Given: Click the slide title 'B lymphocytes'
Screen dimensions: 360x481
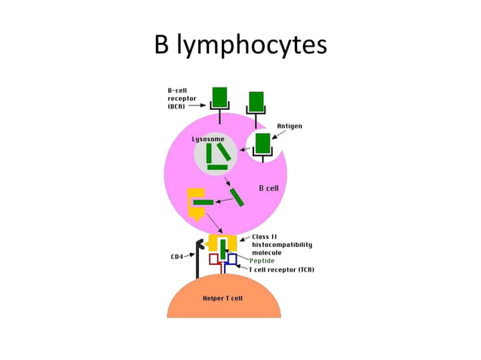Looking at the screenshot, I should click(240, 45).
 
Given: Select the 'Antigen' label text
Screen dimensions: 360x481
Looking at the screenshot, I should click(290, 126).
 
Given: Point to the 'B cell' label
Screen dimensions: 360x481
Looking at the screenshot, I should click(269, 188).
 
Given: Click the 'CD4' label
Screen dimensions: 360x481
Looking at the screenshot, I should click(177, 256).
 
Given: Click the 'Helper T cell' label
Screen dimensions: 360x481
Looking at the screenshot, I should click(222, 298).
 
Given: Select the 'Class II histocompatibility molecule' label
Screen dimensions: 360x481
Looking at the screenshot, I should click(281, 245).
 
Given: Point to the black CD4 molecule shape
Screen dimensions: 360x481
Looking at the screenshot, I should click(199, 256).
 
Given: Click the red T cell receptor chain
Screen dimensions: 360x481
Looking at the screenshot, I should click(215, 262).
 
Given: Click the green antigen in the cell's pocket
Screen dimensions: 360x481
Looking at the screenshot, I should click(262, 143).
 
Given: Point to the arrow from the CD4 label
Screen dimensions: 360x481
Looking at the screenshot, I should click(191, 255).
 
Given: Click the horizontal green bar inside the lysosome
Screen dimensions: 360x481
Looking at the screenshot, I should click(217, 167).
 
